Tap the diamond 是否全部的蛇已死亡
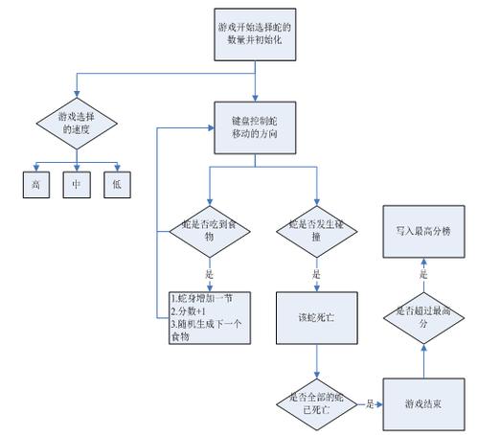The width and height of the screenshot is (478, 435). click(x=316, y=403)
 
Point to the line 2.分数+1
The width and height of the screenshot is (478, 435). click(x=192, y=311)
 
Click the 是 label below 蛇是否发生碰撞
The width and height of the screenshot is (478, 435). click(x=316, y=273)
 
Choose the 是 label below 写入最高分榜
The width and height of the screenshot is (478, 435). click(x=421, y=274)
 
